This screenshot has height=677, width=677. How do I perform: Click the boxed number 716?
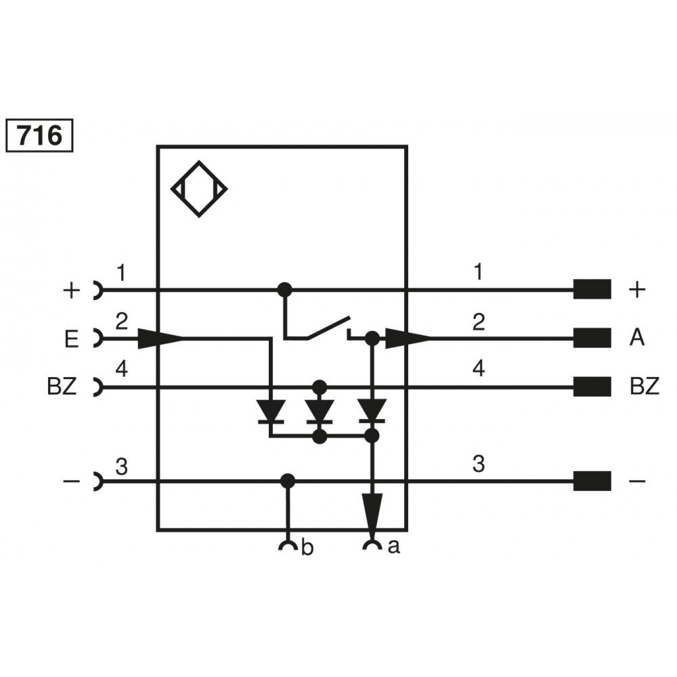click(39, 136)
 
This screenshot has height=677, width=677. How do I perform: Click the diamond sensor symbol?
click(199, 189)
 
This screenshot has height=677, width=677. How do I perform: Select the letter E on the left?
click(71, 338)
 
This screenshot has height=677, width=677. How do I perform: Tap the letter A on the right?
click(636, 338)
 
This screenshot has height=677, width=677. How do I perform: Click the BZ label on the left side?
click(62, 387)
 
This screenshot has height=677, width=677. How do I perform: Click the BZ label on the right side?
click(644, 387)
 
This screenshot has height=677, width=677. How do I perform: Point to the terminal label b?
click(307, 548)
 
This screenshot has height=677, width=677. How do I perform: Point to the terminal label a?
click(393, 546)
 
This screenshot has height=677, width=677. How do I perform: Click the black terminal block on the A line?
click(592, 338)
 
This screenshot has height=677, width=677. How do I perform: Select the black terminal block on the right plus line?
click(592, 290)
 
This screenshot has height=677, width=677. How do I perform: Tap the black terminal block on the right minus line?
click(592, 481)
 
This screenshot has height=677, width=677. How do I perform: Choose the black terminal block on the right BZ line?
click(592, 387)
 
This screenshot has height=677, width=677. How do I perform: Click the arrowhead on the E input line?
click(160, 338)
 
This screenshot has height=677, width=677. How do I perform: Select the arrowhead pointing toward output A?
click(408, 338)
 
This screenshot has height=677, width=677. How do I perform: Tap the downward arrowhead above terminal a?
click(372, 511)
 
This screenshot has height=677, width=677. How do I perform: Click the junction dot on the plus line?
click(285, 290)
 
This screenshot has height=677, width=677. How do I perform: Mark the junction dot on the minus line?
click(288, 481)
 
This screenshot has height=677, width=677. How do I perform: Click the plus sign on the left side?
click(71, 290)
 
